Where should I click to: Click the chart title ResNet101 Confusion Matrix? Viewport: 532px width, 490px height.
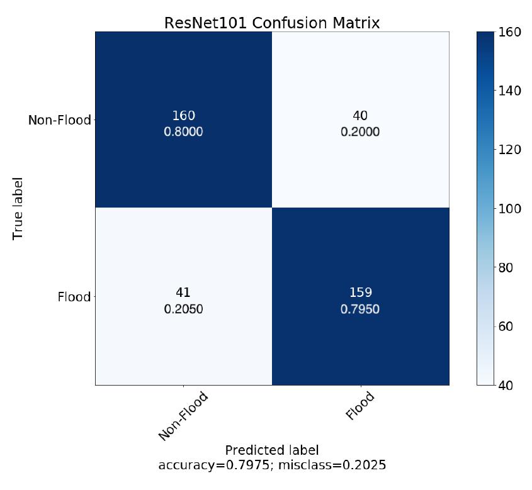[272, 23]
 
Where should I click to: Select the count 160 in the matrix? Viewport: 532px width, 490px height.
[183, 116]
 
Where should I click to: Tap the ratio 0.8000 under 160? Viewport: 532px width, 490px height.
[183, 132]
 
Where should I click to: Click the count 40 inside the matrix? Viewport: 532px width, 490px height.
[360, 116]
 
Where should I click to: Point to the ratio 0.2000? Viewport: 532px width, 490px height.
[360, 132]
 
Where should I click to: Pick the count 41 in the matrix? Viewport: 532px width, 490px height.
[183, 292]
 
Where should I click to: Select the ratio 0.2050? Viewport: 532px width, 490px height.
[183, 309]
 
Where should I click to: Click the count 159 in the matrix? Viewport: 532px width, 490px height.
[360, 292]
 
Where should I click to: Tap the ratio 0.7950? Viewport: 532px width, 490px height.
[360, 309]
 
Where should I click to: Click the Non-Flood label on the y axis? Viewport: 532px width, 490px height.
[59, 120]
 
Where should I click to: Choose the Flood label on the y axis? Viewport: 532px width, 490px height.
[74, 297]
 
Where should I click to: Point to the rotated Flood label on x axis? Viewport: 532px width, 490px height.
[360, 406]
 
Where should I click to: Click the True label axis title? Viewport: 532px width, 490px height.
[18, 208]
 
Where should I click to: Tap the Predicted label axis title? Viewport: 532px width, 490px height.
[272, 450]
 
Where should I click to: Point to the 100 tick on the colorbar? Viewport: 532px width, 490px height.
[509, 208]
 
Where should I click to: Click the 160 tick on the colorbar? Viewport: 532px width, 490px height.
[509, 32]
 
